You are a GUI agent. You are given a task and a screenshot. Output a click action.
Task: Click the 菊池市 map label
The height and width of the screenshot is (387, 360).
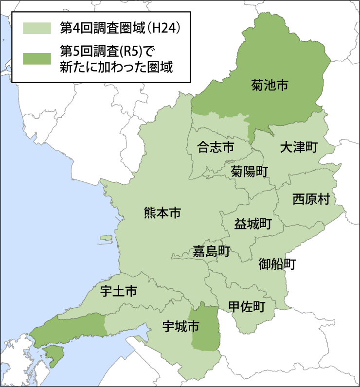pos(270,86)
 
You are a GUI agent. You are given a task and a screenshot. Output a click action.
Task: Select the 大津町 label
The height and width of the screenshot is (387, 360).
pos(299,148)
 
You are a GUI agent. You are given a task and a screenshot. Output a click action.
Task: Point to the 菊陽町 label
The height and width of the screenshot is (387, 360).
pos(249,171)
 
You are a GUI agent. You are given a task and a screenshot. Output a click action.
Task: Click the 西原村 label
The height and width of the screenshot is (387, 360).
pos(311,199)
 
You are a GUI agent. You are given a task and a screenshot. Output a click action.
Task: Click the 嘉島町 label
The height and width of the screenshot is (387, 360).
pos(211,251)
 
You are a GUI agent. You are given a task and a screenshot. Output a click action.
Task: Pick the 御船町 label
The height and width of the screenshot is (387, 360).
pos(277,264)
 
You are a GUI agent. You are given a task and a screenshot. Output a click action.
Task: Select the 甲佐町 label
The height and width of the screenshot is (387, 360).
pos(247,306)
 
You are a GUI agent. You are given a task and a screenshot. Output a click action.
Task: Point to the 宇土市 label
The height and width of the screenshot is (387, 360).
pos(118,291)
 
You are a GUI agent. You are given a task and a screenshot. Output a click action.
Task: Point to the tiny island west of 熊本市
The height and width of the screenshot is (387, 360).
pos(106,239)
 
